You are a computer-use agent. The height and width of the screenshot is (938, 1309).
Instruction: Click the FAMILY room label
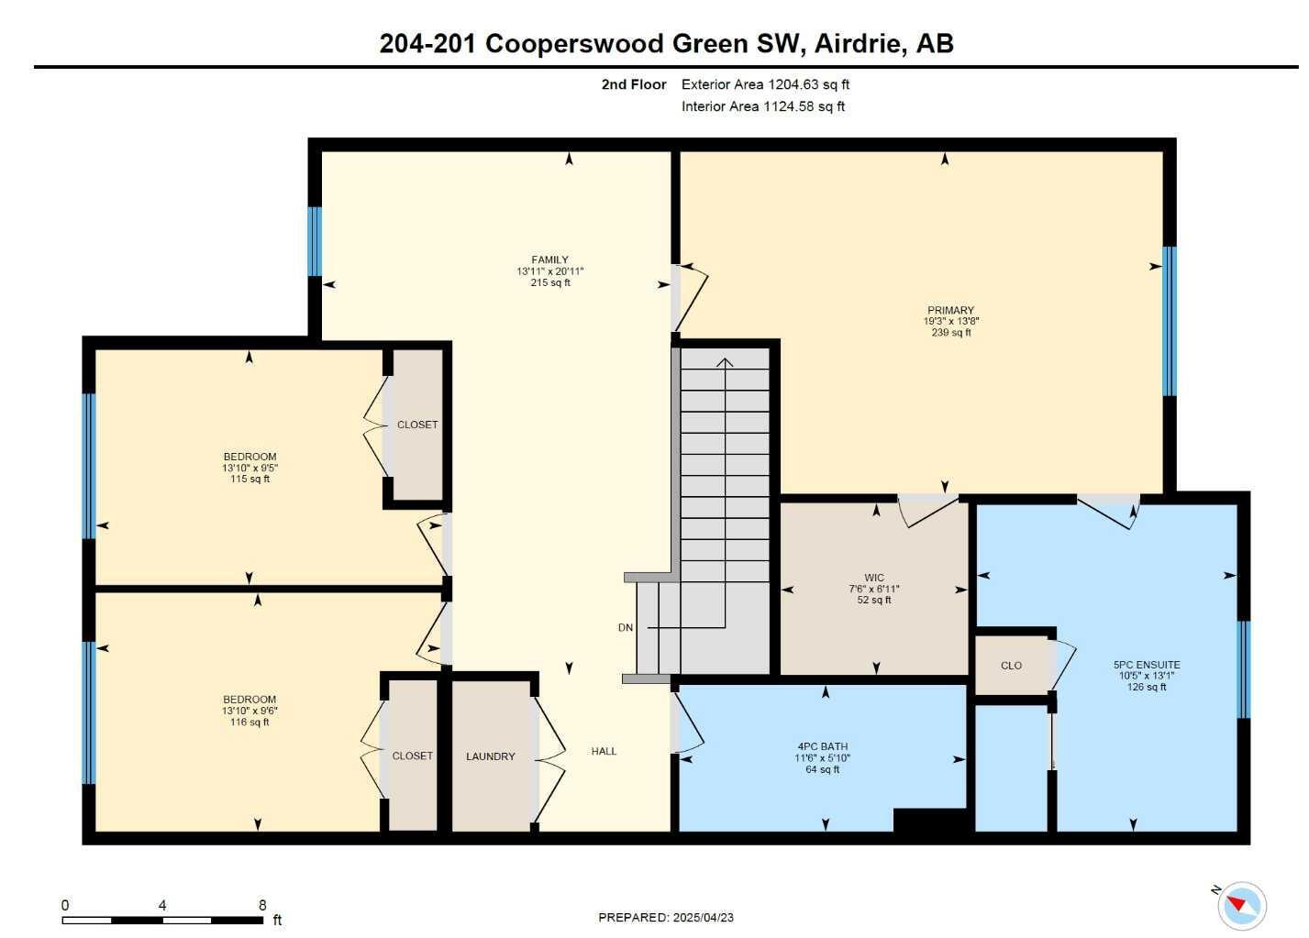click(549, 259)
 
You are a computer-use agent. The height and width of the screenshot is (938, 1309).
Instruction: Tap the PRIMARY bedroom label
click(950, 310)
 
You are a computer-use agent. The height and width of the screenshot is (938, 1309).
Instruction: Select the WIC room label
click(874, 578)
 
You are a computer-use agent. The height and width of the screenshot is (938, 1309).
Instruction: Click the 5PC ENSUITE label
click(1147, 665)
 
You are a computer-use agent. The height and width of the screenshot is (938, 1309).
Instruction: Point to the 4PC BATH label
click(822, 746)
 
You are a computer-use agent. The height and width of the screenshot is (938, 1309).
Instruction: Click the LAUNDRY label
click(490, 756)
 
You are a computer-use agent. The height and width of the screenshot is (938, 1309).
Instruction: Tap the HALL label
click(604, 751)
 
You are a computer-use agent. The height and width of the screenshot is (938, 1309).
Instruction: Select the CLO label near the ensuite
click(1011, 666)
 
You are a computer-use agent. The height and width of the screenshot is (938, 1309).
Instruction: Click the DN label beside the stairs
click(626, 628)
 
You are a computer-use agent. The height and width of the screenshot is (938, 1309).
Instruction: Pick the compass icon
click(1242, 906)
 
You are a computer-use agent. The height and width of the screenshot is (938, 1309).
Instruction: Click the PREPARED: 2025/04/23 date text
click(666, 917)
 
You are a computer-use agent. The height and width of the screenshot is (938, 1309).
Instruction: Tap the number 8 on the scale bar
click(262, 905)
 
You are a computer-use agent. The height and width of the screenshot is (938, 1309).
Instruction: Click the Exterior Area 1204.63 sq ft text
click(765, 84)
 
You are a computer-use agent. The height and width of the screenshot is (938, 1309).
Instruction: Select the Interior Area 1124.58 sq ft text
click(762, 106)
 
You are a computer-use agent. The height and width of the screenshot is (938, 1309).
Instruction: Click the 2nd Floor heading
click(634, 84)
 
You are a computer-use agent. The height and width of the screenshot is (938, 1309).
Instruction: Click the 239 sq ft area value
click(950, 333)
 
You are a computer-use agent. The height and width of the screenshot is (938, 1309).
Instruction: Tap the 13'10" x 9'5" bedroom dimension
click(250, 468)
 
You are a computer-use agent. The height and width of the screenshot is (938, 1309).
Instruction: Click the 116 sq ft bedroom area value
click(250, 723)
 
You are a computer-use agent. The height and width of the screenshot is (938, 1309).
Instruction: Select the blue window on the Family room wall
click(315, 241)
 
